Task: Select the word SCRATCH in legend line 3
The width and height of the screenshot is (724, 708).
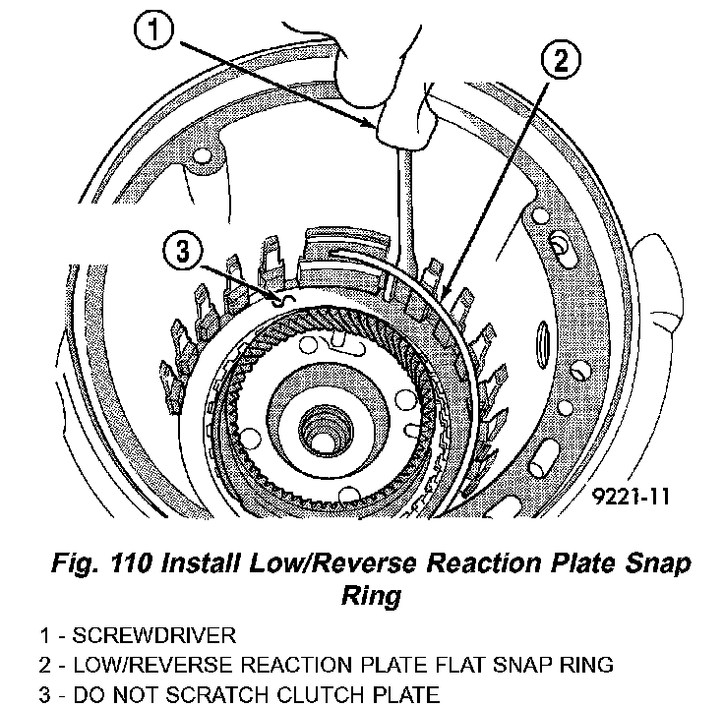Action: tap(248, 695)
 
